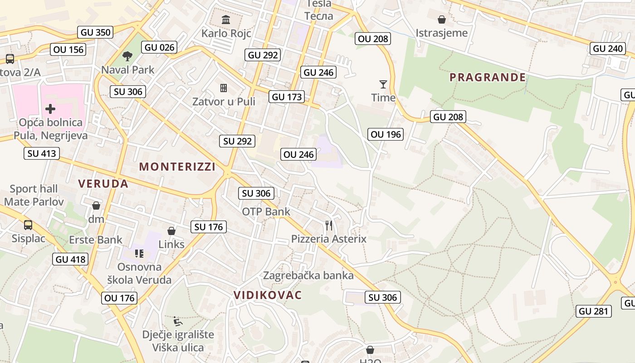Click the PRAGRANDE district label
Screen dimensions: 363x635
(488, 77)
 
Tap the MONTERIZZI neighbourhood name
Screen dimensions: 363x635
(177, 167)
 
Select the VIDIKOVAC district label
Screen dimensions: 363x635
(268, 295)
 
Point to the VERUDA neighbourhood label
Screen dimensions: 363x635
(103, 184)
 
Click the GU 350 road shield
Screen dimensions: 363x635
(95, 32)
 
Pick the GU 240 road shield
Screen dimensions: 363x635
(608, 49)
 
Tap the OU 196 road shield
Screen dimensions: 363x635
(386, 134)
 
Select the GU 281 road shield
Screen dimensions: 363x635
(594, 311)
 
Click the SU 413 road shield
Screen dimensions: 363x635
(42, 153)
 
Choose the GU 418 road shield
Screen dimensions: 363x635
(70, 259)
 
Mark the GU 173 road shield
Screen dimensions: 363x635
(287, 97)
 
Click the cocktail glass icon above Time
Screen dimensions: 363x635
(383, 84)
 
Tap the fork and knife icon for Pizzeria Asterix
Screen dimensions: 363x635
(329, 226)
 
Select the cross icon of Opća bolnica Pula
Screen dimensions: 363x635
(50, 109)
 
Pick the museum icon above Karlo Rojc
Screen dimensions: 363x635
(225, 20)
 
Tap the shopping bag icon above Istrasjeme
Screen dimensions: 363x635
(441, 20)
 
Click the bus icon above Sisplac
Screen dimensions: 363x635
(28, 225)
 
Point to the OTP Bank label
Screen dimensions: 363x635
(266, 211)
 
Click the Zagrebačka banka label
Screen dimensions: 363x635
(308, 275)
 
